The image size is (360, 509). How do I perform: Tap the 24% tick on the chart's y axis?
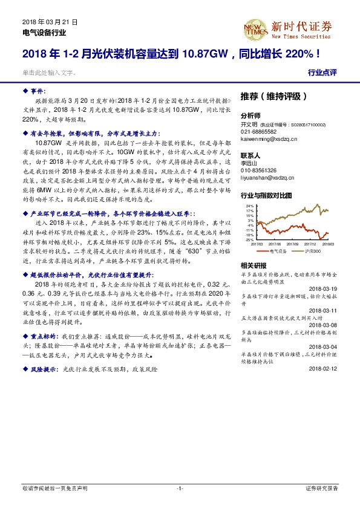click(x=249, y=206)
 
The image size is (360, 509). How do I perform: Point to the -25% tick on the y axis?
click(x=249, y=239)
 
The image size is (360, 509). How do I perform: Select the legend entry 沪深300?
click(x=311, y=250)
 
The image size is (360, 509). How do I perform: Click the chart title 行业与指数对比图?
click(x=267, y=196)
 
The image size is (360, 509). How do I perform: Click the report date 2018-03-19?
click(x=322, y=289)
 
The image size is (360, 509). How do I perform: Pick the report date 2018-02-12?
click(x=322, y=369)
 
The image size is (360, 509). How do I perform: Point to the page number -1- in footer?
click(x=180, y=487)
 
